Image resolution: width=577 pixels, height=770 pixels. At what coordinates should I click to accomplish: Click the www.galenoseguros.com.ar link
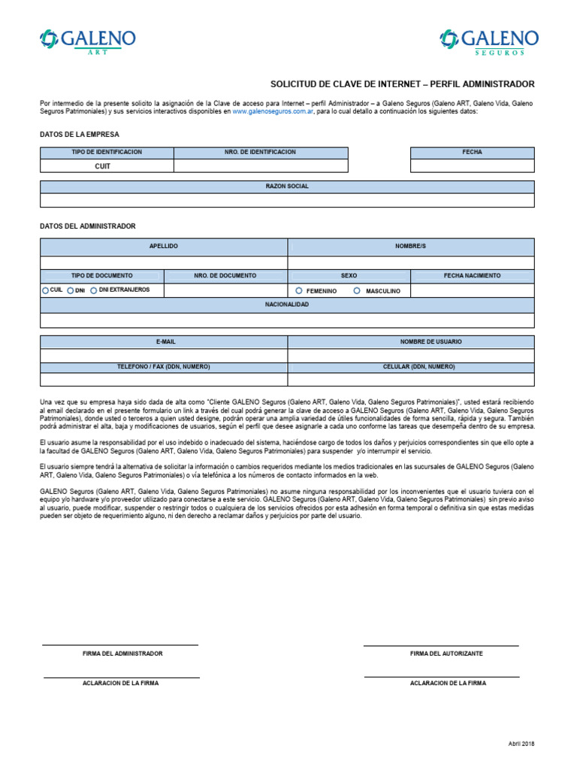[273, 111]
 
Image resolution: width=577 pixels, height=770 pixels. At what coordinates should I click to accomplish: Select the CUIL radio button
[45, 290]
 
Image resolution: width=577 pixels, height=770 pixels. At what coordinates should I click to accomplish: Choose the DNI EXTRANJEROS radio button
[94, 290]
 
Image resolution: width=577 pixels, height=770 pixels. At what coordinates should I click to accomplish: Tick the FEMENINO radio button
[299, 290]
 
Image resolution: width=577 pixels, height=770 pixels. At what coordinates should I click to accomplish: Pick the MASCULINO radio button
[358, 290]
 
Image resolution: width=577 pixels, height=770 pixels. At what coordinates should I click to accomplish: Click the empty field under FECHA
[472, 165]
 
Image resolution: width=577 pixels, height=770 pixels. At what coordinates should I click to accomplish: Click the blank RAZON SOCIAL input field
[287, 200]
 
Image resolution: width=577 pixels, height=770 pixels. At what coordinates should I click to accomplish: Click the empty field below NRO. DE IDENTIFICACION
[261, 166]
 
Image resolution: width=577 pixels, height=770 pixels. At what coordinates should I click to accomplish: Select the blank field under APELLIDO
[163, 262]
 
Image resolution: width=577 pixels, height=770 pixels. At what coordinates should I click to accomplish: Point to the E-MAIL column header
[165, 341]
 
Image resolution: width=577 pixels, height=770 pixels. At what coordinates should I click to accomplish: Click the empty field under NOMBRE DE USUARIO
[411, 355]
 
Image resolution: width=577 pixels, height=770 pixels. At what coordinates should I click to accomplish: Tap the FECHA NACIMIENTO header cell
[472, 276]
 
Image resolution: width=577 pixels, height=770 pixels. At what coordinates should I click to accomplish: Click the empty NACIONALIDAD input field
[287, 320]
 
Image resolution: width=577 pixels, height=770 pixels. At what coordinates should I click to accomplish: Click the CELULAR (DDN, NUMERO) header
[411, 367]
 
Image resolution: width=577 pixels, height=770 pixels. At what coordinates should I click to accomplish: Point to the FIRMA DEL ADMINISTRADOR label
[122, 653]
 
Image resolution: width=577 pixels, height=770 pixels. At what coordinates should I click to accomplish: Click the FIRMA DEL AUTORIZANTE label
[446, 653]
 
